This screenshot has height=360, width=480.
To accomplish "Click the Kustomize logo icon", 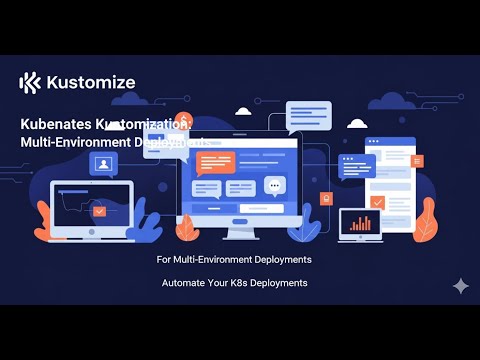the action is [x=30, y=82].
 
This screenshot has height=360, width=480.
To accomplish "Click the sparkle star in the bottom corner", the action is [x=460, y=285].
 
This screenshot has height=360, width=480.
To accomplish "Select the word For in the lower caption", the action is [x=165, y=259].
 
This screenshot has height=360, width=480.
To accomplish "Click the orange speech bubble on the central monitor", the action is [x=215, y=161].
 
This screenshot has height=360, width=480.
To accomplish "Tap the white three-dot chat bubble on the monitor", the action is [x=275, y=186].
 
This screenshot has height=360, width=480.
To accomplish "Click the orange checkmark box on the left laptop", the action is [x=99, y=211].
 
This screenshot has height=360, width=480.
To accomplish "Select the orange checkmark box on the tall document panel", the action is [x=377, y=201].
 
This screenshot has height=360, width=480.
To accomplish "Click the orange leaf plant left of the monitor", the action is [x=150, y=224].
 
